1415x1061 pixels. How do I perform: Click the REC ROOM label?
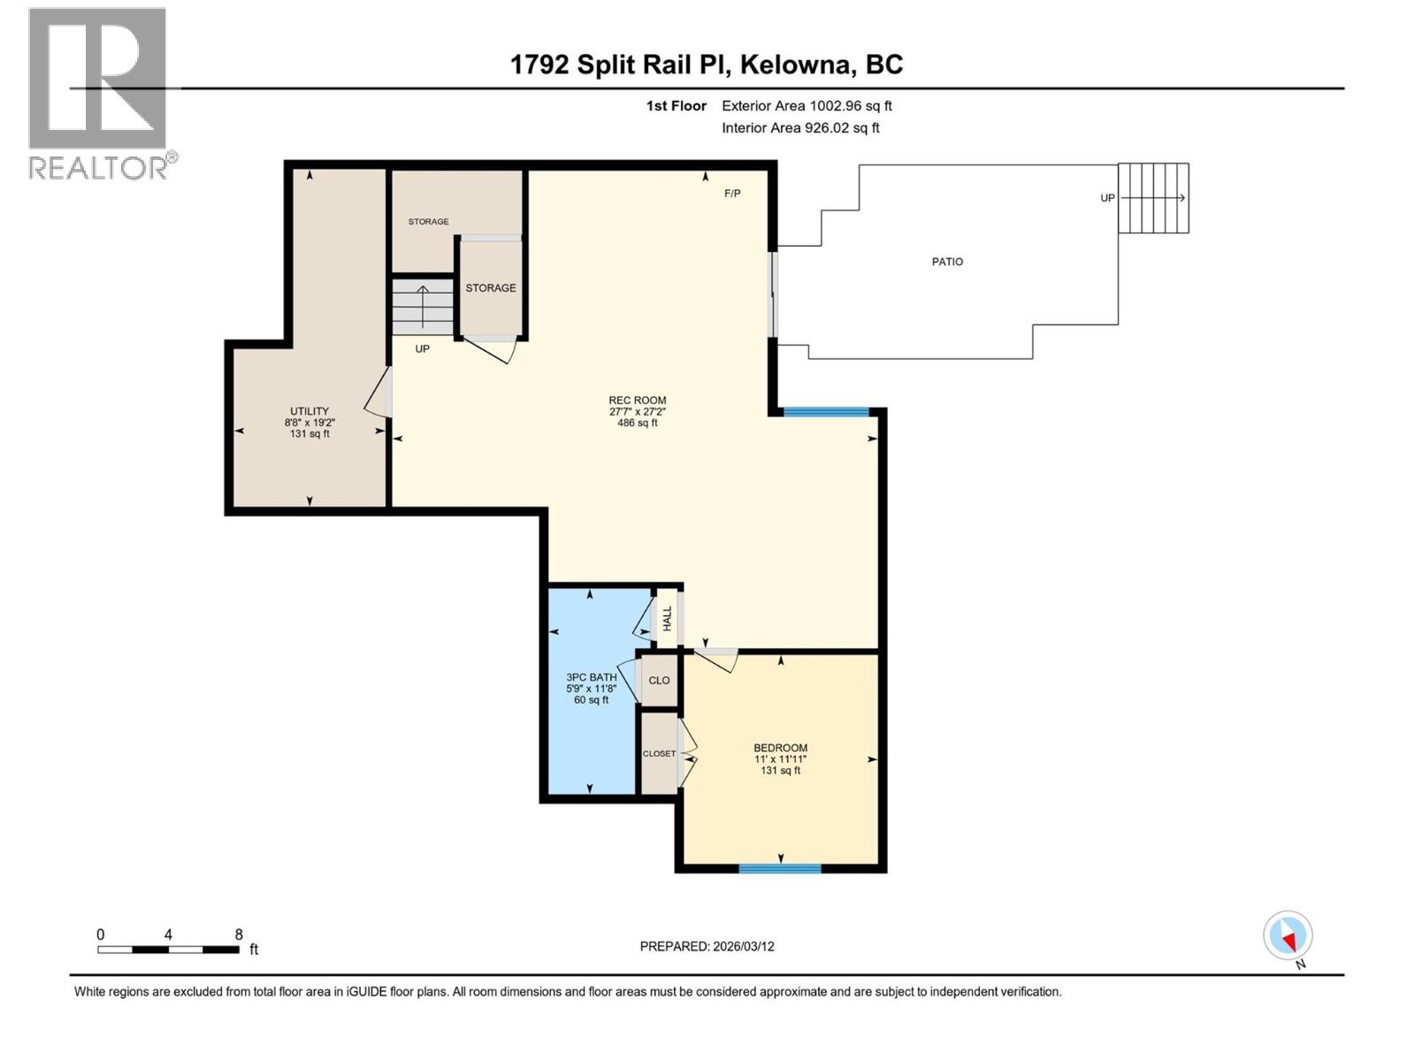637,401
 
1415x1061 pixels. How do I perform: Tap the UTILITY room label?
310,411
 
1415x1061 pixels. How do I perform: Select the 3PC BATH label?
592,677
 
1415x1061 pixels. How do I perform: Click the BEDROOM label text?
780,748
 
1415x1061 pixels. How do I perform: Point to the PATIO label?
947,262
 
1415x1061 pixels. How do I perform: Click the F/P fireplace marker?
732,194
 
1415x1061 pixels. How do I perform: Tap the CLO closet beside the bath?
659,680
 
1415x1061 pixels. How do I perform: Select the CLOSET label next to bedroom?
659,754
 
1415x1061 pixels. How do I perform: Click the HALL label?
668,618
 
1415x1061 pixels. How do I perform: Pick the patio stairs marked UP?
1153,198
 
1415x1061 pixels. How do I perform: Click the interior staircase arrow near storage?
423,305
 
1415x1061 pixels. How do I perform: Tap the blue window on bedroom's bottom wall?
780,868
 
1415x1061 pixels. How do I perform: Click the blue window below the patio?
826,411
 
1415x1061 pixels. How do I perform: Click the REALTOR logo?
98,93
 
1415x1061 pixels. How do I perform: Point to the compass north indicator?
1289,936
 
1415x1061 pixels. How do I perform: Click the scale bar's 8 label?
239,935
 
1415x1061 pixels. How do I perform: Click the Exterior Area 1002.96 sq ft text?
807,106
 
